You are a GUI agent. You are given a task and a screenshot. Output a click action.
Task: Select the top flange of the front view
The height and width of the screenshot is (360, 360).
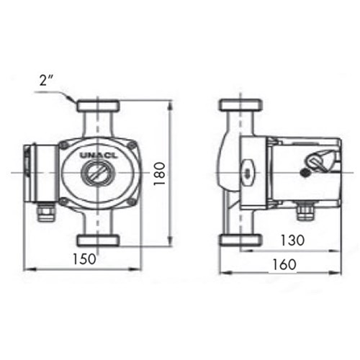pyautogui.click(x=97, y=105)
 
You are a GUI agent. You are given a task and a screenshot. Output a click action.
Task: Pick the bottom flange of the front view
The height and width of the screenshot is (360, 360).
pyautogui.click(x=97, y=240)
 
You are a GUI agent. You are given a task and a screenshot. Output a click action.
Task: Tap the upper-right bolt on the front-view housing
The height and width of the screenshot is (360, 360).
pyautogui.click(x=131, y=146)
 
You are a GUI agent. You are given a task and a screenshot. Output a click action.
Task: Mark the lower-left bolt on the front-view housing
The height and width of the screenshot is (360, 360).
pyautogui.click(x=65, y=201)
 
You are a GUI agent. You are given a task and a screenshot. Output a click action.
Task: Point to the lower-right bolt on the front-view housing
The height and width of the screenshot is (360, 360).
pyautogui.click(x=131, y=201)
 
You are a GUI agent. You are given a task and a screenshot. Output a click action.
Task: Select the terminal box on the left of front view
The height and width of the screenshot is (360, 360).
pyautogui.click(x=37, y=173)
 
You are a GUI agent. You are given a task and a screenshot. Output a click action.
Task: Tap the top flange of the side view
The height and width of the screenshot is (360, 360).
pyautogui.click(x=239, y=105)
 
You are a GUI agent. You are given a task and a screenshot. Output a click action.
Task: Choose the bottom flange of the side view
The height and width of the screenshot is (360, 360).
pyautogui.click(x=239, y=240)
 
